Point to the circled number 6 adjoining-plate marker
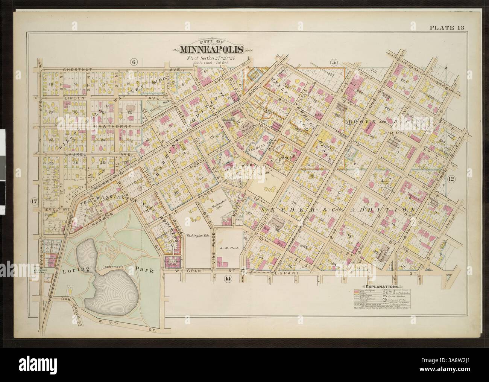point(132,62)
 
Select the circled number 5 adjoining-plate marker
point(333,62)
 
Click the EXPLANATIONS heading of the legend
point(382,287)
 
